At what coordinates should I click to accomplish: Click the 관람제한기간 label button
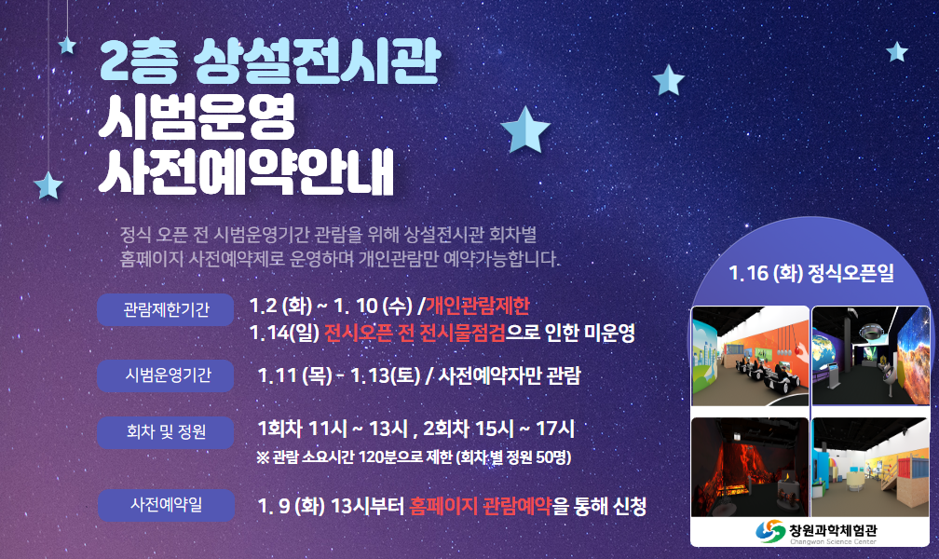point(165,309)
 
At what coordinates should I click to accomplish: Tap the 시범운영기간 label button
point(165,375)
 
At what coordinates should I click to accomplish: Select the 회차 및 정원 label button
point(165,432)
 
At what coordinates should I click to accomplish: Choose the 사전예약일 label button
point(165,505)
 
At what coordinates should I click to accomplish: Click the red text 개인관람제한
point(477,306)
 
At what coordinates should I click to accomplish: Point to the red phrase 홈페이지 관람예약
point(481,506)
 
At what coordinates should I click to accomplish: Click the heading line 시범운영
point(197,116)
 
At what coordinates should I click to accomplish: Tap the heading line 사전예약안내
point(246,171)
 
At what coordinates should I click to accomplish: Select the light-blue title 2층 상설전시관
point(270,61)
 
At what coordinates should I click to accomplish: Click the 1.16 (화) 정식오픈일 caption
point(810,273)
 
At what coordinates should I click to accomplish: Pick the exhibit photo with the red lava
point(750,468)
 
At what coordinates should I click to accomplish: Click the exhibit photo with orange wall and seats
point(750,356)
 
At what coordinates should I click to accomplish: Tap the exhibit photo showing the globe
point(871,356)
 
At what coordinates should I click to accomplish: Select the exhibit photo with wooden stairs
point(871,468)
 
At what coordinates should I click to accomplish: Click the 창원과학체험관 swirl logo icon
point(770,531)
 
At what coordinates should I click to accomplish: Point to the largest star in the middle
point(525,130)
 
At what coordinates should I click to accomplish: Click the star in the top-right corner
point(896,52)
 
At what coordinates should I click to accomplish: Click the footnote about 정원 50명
point(414,457)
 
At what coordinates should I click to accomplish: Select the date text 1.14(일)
point(284,333)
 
